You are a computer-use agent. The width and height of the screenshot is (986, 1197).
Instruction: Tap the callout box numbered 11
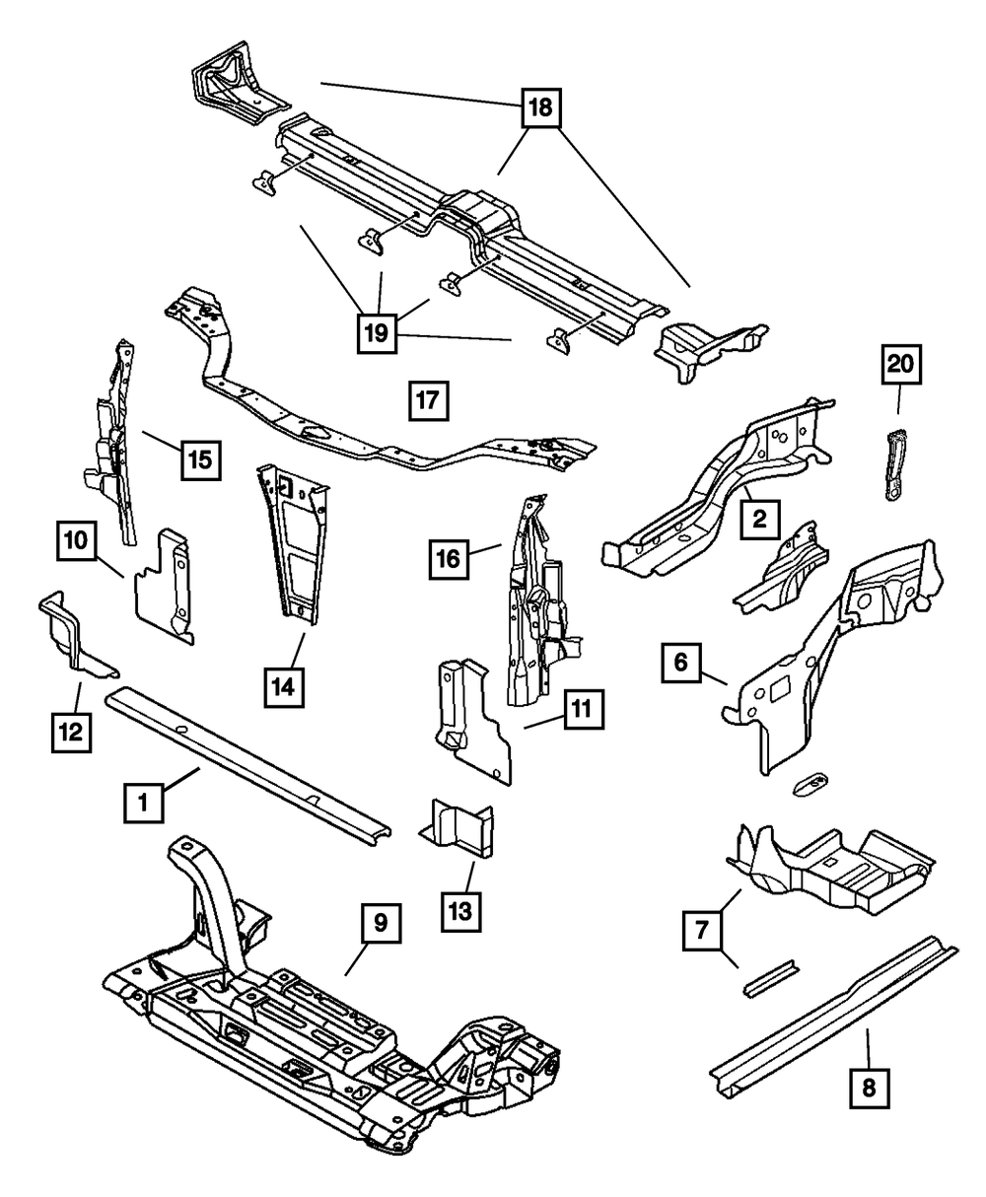pos(583,708)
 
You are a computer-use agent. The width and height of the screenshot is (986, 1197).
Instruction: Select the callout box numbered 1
pos(143,803)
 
